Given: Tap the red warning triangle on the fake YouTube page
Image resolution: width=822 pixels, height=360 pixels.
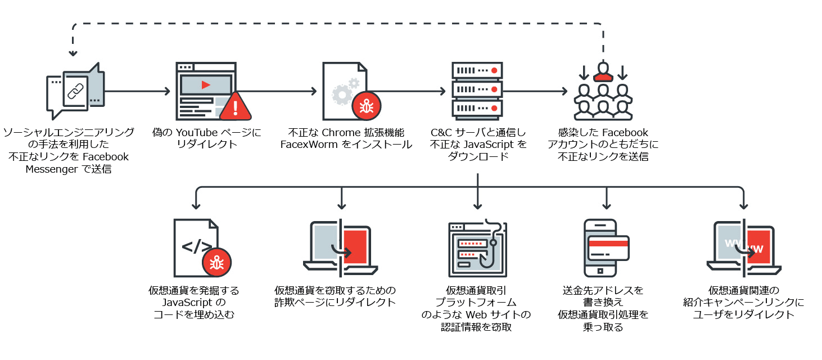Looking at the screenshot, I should click(x=236, y=107).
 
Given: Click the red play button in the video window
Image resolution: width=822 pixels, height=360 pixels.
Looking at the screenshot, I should click(x=206, y=85).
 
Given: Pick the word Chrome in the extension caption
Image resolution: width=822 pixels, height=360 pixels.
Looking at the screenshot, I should click(x=340, y=133).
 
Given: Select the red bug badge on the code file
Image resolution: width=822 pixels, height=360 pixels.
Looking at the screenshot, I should click(x=216, y=263).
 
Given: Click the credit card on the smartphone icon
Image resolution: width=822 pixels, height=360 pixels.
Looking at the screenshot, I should click(x=608, y=248).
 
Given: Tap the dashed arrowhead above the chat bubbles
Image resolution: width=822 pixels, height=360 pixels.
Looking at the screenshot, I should click(x=73, y=54).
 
